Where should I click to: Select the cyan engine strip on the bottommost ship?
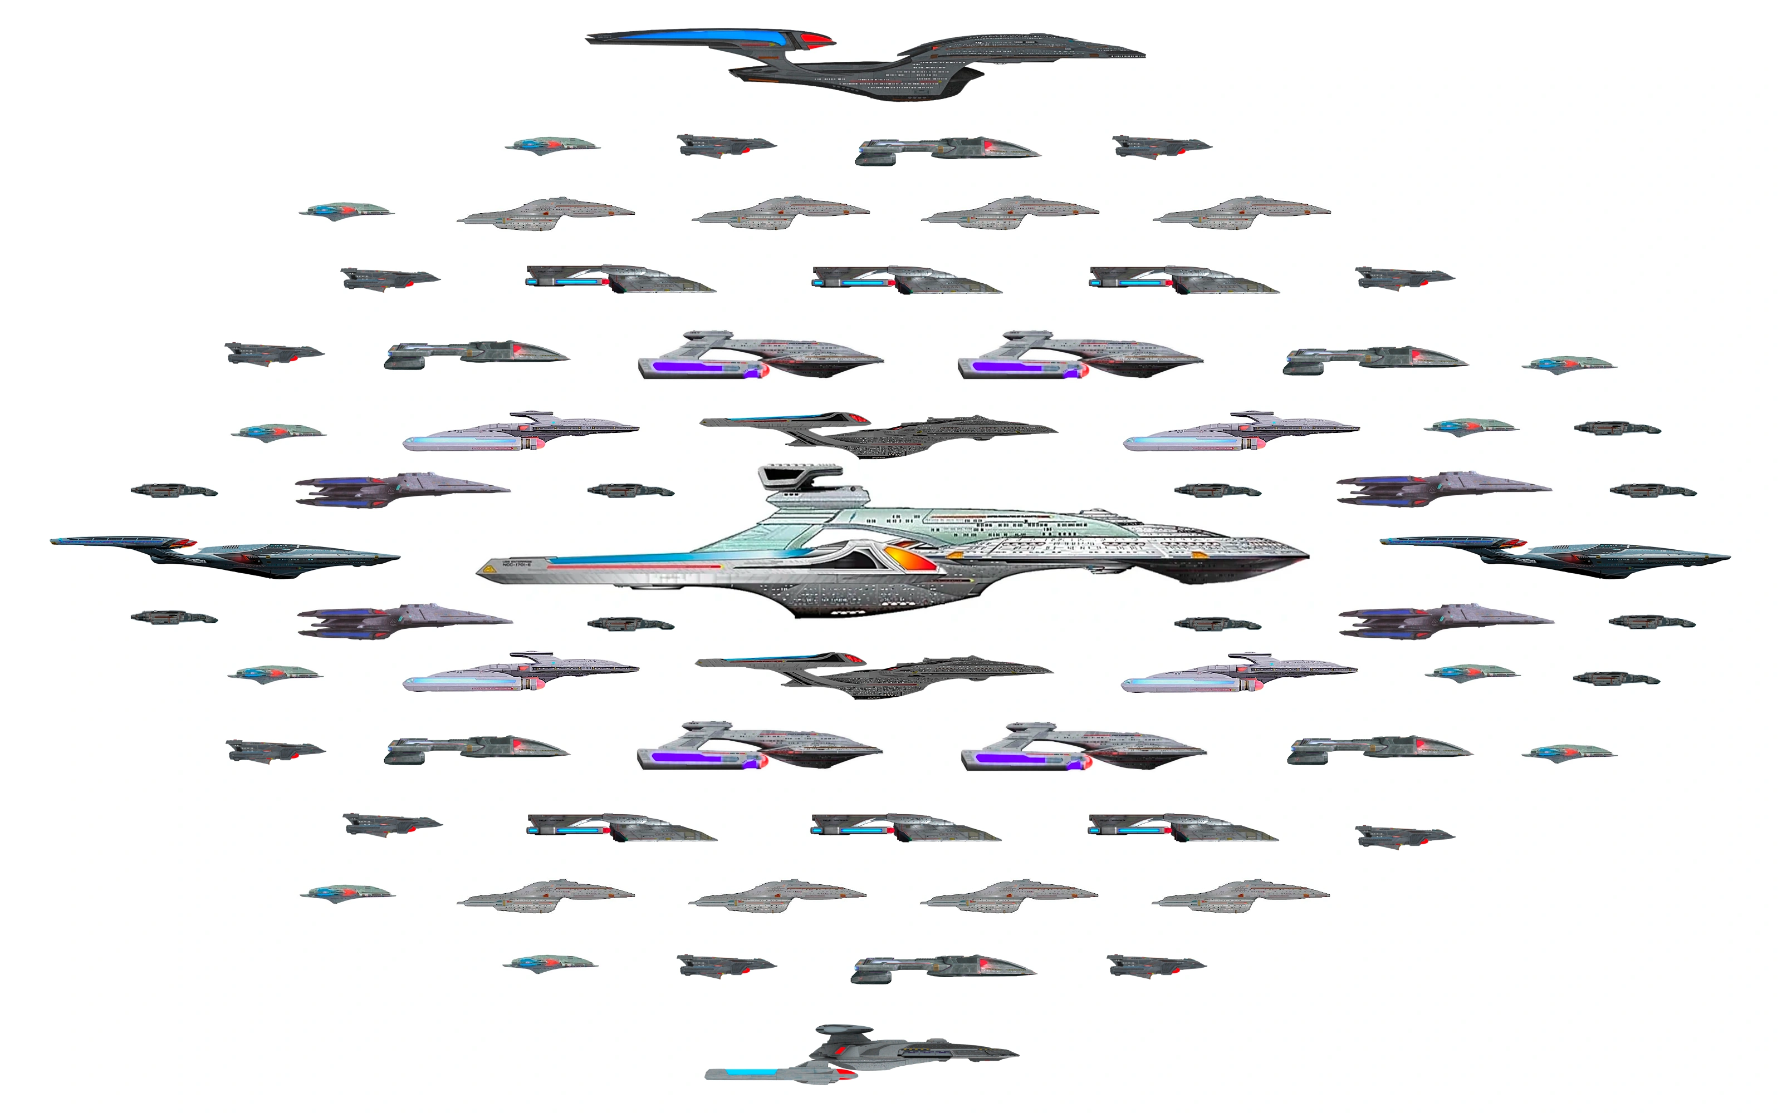pos(751,1072)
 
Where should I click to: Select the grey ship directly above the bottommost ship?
pos(943,968)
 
